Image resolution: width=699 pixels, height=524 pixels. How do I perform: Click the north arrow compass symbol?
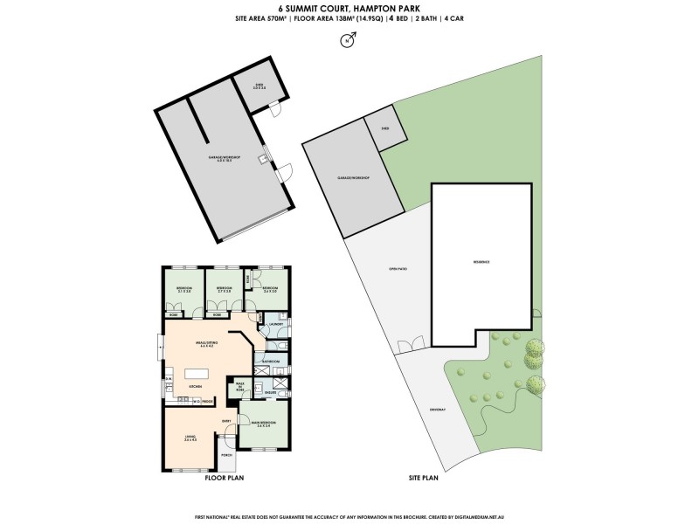349,40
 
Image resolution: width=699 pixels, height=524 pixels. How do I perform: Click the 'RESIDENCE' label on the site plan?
481,261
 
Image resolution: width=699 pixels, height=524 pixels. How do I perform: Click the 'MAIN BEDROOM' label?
263,424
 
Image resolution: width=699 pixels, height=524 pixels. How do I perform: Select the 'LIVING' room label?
190,439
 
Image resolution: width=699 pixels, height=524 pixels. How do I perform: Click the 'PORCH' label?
225,455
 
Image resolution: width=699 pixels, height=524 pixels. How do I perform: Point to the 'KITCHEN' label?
196,386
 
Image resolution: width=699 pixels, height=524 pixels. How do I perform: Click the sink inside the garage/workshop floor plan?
261,160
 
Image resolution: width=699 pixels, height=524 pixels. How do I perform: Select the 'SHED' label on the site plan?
373,128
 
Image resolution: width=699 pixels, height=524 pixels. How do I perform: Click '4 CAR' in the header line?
454,18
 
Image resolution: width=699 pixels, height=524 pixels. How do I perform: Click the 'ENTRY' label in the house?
225,421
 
